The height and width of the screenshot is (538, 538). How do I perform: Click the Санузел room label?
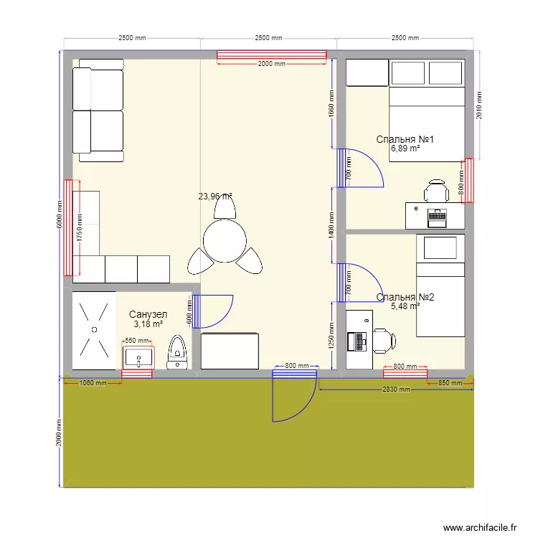tap(148, 314)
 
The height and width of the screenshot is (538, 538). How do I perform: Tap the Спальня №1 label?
tap(405, 140)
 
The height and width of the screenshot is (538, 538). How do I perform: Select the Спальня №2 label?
tap(405, 297)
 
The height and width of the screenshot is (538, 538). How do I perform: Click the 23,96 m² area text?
tap(215, 196)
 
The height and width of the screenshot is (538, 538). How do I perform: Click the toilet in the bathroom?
tap(176, 353)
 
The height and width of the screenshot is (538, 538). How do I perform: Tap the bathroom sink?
tap(138, 357)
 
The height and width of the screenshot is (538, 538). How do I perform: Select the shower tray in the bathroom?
tap(93, 329)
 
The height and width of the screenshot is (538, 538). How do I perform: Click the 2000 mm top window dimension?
tap(271, 64)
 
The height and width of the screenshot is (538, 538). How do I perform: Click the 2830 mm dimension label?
tap(395, 390)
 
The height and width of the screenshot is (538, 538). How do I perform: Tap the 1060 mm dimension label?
tap(93, 383)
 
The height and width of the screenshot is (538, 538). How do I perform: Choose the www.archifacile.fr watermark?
tap(480, 527)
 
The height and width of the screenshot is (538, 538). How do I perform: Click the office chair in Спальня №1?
tap(436, 191)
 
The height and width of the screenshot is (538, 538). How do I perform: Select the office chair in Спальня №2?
tap(382, 340)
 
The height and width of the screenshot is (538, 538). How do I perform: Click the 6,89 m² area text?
tap(405, 149)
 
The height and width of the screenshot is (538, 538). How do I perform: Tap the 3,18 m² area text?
tap(148, 324)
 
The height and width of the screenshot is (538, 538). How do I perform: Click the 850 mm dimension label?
tap(450, 383)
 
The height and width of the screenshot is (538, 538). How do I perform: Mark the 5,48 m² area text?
tap(405, 306)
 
